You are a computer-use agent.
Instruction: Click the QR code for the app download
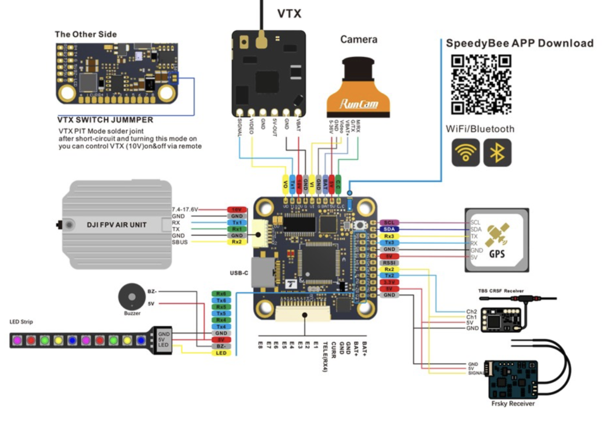click(x=481, y=84)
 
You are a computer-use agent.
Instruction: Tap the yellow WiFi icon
click(x=466, y=153)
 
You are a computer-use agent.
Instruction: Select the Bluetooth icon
click(x=497, y=153)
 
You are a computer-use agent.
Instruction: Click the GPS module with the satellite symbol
click(x=497, y=239)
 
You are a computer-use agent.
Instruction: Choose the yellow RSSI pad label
click(x=390, y=262)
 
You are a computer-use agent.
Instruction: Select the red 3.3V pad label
click(x=390, y=282)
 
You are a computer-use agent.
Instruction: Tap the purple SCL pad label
click(x=390, y=223)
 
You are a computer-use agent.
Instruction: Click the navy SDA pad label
click(x=390, y=229)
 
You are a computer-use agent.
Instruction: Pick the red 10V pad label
click(x=237, y=209)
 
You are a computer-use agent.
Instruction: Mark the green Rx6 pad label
click(x=222, y=293)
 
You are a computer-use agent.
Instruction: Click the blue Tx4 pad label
click(x=222, y=326)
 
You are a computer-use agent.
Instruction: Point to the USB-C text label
click(x=239, y=273)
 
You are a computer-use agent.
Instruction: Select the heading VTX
click(x=289, y=13)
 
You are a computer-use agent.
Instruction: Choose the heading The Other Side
click(x=86, y=34)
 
